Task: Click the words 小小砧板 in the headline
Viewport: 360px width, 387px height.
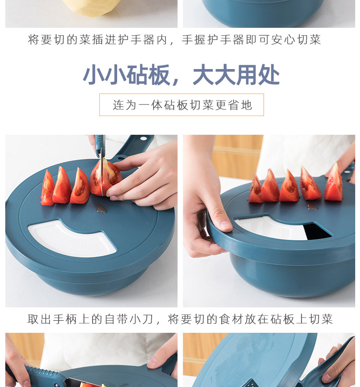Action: [126, 75]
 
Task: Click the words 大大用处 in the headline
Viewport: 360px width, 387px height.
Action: [236, 75]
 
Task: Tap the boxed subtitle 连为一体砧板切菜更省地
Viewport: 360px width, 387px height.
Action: [181, 105]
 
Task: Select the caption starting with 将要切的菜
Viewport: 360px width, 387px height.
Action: [174, 40]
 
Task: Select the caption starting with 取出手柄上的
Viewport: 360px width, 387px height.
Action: [180, 319]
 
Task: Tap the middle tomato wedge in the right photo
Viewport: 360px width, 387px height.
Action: [289, 187]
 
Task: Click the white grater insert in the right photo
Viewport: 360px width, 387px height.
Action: [271, 227]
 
